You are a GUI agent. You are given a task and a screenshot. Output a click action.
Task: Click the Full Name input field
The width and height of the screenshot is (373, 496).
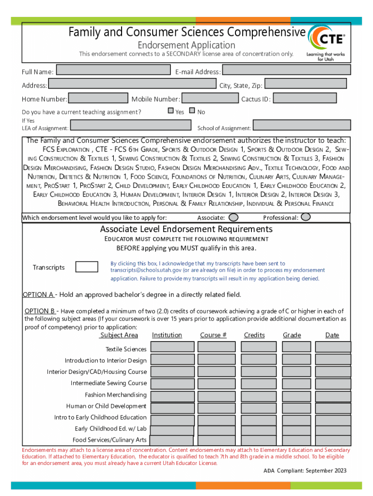tap(113, 70)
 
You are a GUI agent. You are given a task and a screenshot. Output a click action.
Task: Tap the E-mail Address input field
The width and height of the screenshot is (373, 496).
tap(286, 70)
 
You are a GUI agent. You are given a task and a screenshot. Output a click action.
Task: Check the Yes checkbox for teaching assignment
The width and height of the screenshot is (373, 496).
tap(171, 111)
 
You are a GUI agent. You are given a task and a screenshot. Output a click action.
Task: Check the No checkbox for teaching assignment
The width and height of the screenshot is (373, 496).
tap(192, 111)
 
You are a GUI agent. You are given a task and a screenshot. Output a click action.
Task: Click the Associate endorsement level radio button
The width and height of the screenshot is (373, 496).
tap(233, 217)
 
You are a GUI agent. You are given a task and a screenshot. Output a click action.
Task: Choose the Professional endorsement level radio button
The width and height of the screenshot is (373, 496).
tap(306, 217)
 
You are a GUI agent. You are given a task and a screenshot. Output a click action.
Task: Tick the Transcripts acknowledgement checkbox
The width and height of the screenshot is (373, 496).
tap(87, 267)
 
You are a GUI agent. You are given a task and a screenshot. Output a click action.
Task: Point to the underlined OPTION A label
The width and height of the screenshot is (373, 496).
tap(38, 294)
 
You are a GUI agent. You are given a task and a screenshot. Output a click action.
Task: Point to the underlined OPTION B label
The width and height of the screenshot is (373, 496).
tap(39, 311)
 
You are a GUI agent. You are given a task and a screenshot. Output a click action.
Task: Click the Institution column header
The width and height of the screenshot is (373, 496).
tap(167, 335)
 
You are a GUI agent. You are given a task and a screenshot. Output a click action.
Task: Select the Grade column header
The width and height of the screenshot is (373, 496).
tap(292, 335)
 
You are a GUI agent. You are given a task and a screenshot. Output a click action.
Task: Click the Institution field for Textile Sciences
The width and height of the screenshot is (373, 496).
tap(172, 347)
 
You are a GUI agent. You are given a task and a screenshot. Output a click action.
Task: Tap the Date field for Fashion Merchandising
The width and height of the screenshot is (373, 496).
tap(333, 395)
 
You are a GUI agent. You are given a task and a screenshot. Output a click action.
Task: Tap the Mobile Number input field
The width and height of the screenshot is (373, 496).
tap(210, 98)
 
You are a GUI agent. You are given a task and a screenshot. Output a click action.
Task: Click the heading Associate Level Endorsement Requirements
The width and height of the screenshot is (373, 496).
tap(186, 229)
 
